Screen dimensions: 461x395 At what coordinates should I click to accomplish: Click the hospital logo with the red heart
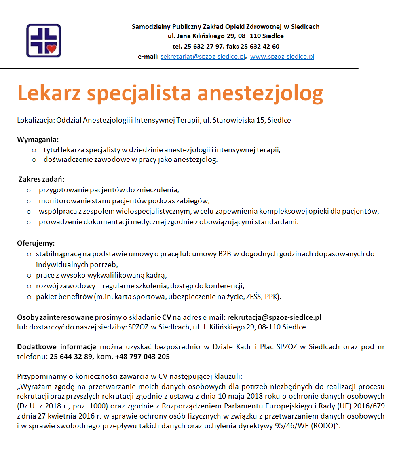point(43,40)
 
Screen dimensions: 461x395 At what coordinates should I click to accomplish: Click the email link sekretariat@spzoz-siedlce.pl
point(203,57)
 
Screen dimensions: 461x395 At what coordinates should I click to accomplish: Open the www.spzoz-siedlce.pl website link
point(282,57)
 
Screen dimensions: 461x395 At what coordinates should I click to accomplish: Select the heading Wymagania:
point(38,140)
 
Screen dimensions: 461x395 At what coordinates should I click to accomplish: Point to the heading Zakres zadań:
point(42,179)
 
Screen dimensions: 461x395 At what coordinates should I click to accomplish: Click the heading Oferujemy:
point(36,244)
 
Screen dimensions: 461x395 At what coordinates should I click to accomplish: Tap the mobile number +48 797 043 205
point(142,357)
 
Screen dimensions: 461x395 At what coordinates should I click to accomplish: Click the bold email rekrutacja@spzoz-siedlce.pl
point(274,317)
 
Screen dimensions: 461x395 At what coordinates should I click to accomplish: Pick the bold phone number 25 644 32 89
point(71,357)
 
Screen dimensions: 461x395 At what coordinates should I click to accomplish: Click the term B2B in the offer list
point(224,254)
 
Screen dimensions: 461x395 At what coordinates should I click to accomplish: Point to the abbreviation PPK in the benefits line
point(271,297)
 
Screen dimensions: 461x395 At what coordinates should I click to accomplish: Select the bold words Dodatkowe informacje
point(56,347)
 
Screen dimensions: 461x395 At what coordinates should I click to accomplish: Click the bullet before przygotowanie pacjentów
point(29,190)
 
